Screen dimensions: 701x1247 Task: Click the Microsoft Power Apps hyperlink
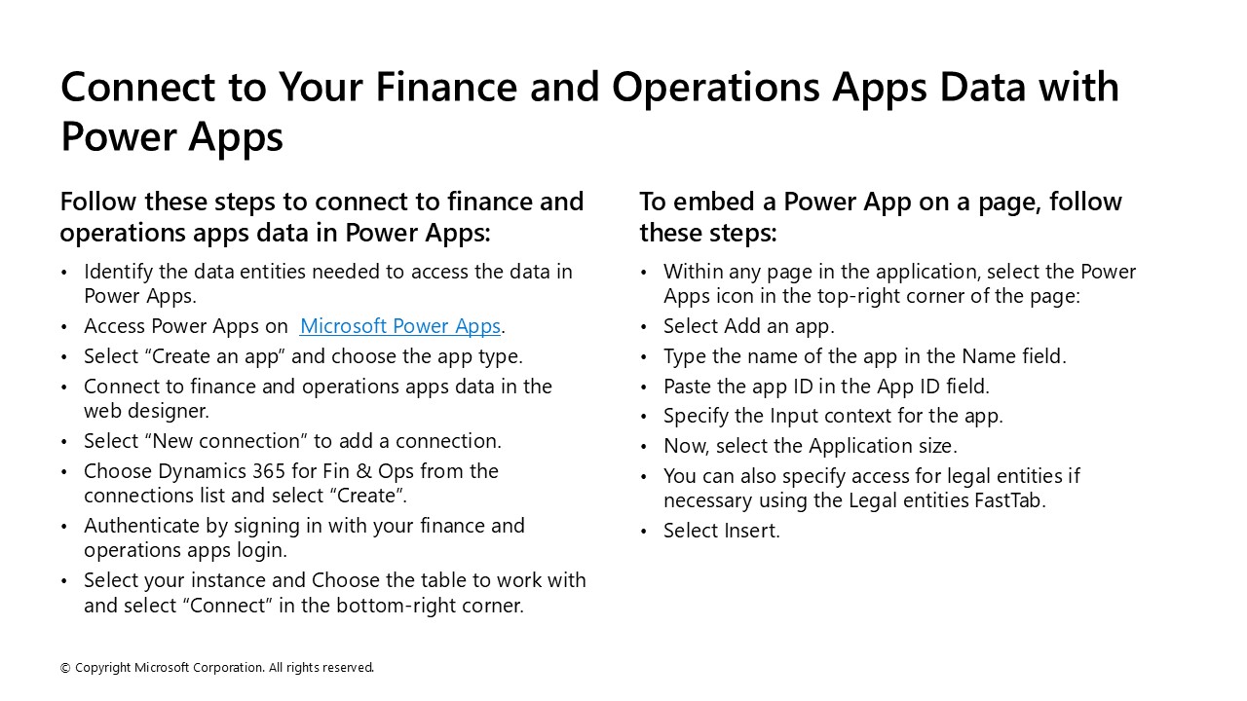(x=399, y=326)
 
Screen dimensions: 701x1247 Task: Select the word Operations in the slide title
(x=716, y=88)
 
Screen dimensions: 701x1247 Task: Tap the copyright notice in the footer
(x=216, y=668)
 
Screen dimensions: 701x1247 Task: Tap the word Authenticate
(x=140, y=526)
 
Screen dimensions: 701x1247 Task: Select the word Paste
(x=688, y=387)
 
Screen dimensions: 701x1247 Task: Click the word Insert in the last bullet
(x=750, y=531)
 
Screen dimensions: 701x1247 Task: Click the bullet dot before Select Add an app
(x=644, y=327)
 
